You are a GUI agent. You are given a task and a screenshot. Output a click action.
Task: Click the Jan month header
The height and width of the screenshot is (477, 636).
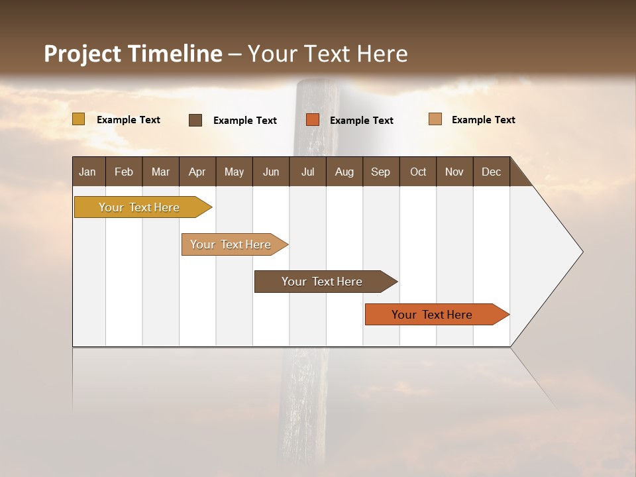click(x=87, y=172)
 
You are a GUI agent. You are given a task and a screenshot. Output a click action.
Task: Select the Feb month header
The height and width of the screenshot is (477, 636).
click(x=124, y=172)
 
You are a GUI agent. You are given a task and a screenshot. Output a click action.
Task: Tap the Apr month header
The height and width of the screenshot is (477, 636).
click(x=197, y=172)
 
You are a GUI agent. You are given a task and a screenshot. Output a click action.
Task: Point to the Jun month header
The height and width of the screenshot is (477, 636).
click(x=271, y=172)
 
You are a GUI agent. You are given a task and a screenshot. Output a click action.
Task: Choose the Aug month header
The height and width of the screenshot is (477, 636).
click(x=344, y=172)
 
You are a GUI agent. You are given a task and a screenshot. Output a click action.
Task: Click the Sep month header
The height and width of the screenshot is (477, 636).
click(x=380, y=172)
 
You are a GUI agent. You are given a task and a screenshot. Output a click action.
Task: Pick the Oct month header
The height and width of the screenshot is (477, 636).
click(x=418, y=172)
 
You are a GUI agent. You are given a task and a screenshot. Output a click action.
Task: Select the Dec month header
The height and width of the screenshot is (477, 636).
click(x=491, y=172)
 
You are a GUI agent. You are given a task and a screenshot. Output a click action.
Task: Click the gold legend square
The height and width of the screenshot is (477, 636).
click(x=79, y=119)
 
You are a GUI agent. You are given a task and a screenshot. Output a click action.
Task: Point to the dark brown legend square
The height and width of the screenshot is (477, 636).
click(x=195, y=120)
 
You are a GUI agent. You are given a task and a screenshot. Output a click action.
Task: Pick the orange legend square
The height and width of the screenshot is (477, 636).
click(x=313, y=120)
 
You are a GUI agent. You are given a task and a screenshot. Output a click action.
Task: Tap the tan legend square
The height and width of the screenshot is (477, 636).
click(x=435, y=119)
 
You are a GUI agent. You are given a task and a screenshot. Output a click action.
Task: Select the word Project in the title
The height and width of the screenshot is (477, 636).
click(x=82, y=54)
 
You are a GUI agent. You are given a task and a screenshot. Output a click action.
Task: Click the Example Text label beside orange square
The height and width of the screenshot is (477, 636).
click(x=362, y=120)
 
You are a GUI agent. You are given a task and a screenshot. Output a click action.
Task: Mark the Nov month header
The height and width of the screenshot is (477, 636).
click(x=454, y=172)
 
